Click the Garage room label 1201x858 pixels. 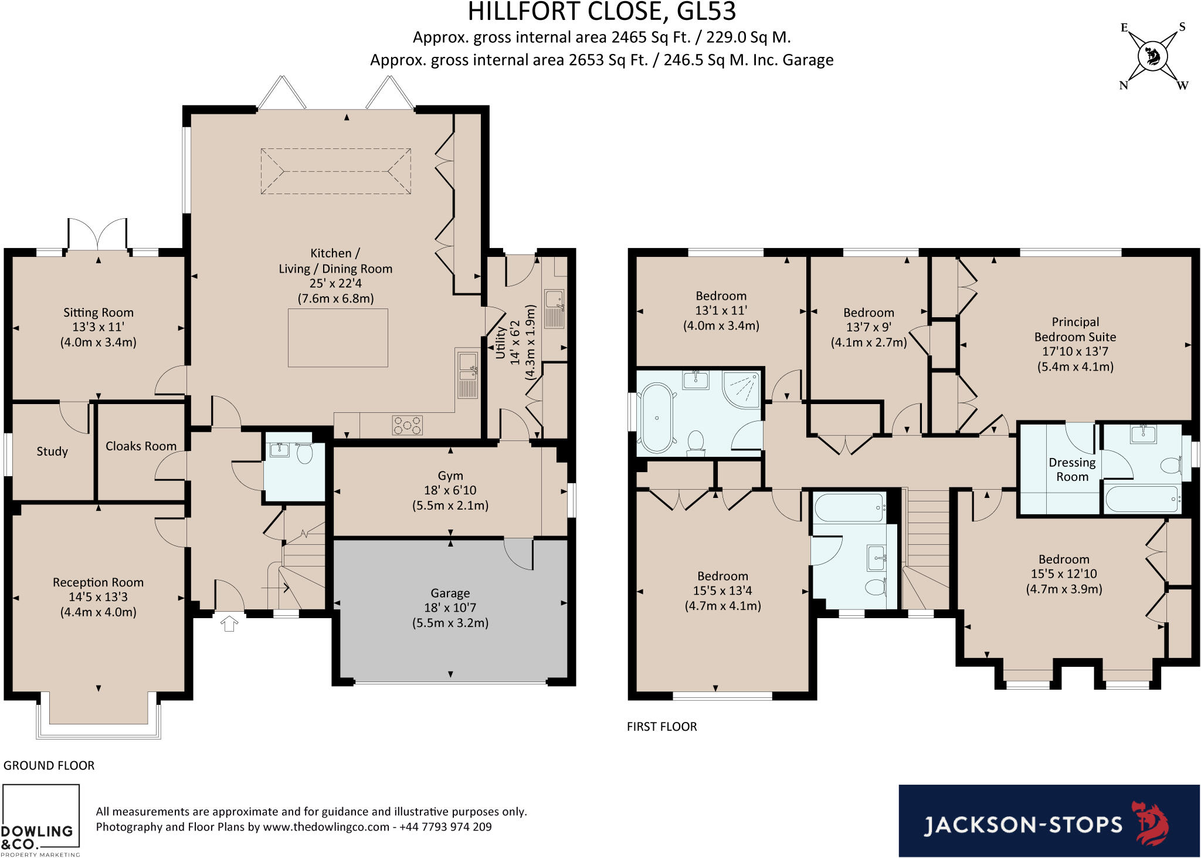(450, 593)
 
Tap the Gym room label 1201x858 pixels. (450, 476)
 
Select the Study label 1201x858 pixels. (52, 452)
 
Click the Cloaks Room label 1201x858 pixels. (141, 446)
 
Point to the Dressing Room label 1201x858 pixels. (1072, 470)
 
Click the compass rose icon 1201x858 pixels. (1152, 57)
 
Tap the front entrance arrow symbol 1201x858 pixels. (229, 623)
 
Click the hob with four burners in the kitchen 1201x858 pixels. (407, 425)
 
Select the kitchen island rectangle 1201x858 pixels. (338, 338)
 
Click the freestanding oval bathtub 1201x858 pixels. (657, 418)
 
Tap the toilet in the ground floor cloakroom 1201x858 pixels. (304, 453)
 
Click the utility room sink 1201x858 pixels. (554, 308)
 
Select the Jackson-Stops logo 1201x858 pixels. (1049, 821)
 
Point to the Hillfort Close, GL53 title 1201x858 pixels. (602, 12)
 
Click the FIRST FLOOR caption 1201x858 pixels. (661, 727)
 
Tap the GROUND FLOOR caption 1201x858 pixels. (49, 765)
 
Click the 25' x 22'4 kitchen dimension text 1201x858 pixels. (335, 283)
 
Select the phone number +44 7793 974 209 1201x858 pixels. (446, 827)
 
